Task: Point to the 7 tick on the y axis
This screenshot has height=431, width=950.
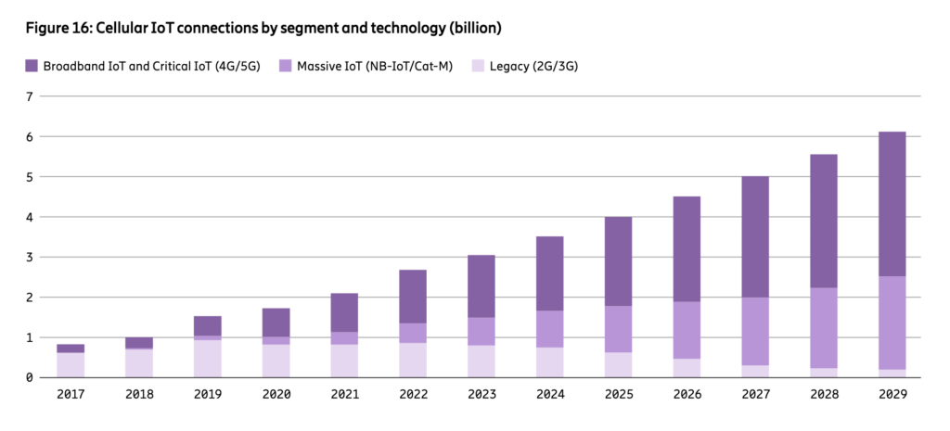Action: point(29,96)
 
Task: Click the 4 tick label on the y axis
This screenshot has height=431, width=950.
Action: point(29,217)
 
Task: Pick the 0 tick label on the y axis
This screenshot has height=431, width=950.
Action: point(29,378)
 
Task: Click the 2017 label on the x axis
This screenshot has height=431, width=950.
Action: point(71,394)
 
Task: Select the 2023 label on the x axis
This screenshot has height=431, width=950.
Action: point(481,394)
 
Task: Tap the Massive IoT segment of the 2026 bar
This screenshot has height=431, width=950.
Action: point(686,330)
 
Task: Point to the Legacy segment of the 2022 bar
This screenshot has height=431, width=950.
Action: point(413,361)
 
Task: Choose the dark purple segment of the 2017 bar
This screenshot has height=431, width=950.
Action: point(71,349)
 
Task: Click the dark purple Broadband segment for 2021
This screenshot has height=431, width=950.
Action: point(344,312)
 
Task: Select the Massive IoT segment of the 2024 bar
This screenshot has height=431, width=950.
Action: point(549,329)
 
